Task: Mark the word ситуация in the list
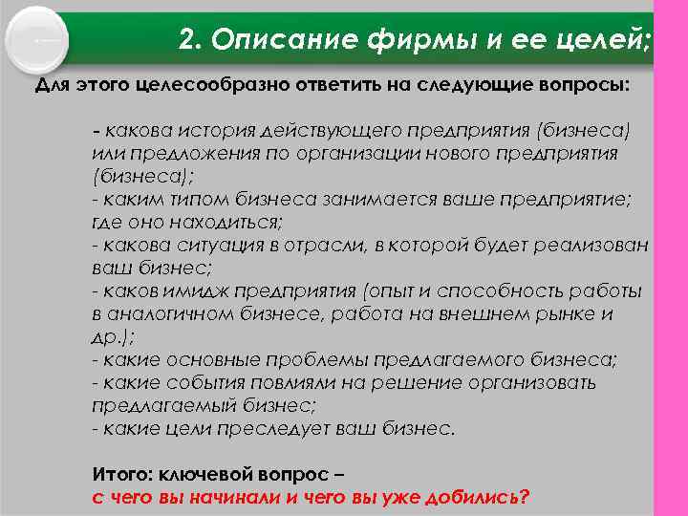(x=225, y=245)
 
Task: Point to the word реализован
(x=599, y=245)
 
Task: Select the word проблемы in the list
(x=324, y=359)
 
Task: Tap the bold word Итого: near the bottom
(x=120, y=475)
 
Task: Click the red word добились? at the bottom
(x=472, y=497)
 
